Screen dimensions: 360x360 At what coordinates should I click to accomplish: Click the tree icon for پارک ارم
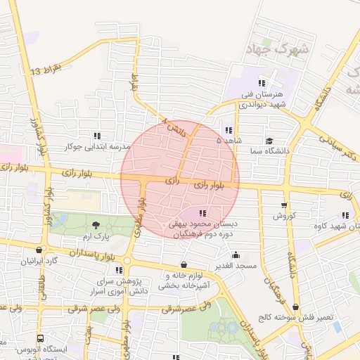96,225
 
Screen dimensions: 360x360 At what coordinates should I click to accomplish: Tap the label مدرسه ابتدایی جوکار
98,147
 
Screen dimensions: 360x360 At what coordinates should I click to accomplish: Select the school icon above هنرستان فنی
262,83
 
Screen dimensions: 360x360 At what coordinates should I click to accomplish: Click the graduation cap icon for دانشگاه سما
270,141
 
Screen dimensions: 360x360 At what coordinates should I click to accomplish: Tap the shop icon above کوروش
283,205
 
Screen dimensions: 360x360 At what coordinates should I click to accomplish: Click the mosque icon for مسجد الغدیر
235,255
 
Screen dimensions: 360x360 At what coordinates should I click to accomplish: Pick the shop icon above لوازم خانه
184,264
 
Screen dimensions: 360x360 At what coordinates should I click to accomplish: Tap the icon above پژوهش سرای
119,269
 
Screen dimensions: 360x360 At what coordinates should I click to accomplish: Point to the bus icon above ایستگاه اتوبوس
39,338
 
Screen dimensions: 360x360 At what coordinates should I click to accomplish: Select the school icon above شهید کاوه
345,216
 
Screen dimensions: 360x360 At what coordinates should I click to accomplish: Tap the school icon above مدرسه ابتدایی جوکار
97,136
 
